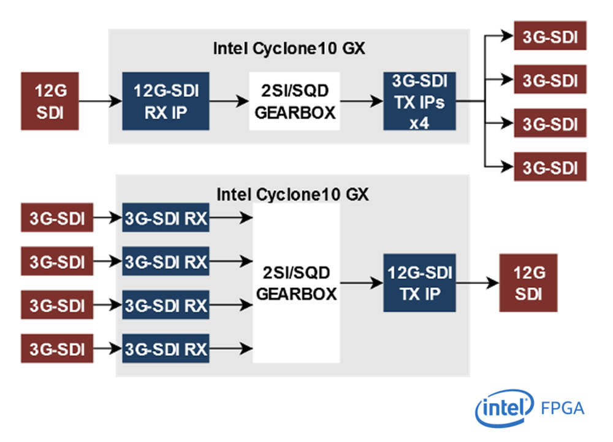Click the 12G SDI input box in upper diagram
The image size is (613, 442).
click(x=50, y=101)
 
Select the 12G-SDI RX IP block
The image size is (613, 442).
click(x=166, y=101)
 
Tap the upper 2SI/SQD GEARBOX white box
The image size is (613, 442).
click(x=294, y=101)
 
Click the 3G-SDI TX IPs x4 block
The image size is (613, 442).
click(x=419, y=101)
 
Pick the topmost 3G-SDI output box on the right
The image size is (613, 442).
click(x=550, y=36)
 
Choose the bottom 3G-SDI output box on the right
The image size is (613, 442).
click(x=550, y=166)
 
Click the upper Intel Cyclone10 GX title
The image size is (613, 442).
click(x=289, y=48)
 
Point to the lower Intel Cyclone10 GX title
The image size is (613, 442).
click(x=292, y=195)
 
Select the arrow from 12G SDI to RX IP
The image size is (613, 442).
click(x=101, y=102)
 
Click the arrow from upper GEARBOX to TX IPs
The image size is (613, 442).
click(x=362, y=102)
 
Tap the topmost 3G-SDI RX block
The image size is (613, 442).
click(x=166, y=218)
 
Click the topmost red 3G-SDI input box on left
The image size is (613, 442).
click(x=57, y=218)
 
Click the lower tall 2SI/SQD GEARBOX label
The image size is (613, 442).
click(x=296, y=283)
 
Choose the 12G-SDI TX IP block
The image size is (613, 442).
click(x=419, y=283)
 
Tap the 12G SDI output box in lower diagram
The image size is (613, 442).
click(x=528, y=283)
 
